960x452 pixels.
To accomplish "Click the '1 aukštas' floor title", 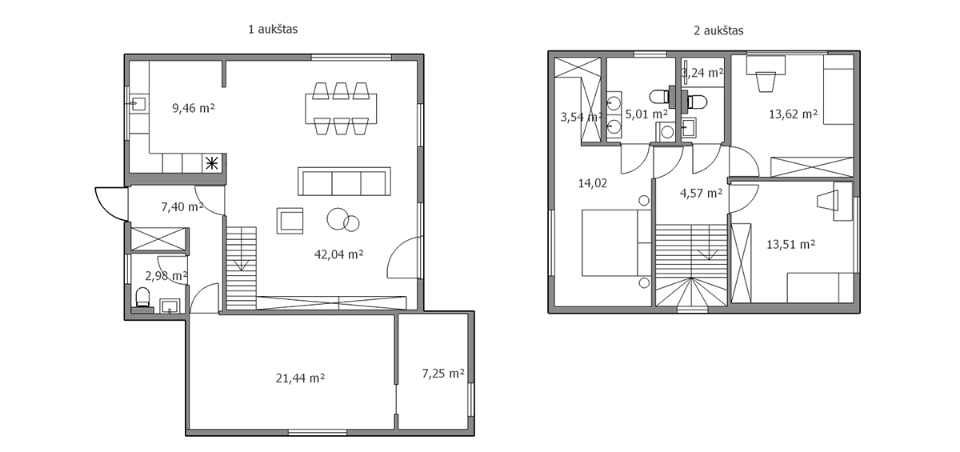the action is [x=273, y=29].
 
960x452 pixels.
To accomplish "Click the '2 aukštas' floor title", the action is [x=718, y=30].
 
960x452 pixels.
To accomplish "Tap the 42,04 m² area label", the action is [x=339, y=254].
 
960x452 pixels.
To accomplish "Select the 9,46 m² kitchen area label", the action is [x=194, y=108].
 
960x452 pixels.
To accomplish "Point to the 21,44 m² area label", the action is [x=300, y=378].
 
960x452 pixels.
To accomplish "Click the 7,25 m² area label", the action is [x=443, y=374].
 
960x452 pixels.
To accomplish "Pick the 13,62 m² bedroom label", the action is [x=794, y=114].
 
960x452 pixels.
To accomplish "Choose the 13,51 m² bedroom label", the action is [x=790, y=244].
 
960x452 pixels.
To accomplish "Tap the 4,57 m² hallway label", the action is [x=701, y=194].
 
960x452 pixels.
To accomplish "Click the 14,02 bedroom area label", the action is [x=593, y=183].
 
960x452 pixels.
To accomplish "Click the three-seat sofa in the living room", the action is [x=344, y=182].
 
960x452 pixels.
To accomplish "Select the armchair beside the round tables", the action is [x=290, y=221].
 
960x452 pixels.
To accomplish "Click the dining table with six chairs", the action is [x=341, y=109].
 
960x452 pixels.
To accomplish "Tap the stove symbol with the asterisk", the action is [x=212, y=163].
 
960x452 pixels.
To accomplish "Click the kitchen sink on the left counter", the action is [x=138, y=104].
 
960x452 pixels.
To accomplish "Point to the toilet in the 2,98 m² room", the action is [x=142, y=298].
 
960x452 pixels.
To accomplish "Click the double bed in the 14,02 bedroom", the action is [x=616, y=242].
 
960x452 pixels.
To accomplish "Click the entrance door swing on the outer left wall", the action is [x=111, y=204].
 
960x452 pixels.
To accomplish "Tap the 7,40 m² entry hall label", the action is [x=182, y=207].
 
